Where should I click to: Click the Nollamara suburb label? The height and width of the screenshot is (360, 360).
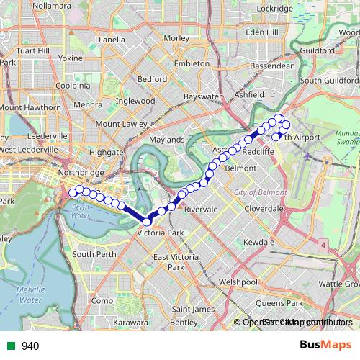click(x=52, y=6)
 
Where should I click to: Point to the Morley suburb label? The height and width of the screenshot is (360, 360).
click(x=176, y=38)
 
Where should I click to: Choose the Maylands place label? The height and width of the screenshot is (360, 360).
click(x=166, y=139)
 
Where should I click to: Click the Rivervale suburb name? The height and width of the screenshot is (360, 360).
click(x=201, y=209)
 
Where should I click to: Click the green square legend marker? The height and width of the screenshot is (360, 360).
click(x=9, y=346)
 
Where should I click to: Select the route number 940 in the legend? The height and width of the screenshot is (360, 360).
click(x=30, y=346)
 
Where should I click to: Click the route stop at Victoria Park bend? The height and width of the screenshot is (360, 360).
click(x=147, y=222)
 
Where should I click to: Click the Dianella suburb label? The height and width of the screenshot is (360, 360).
click(x=111, y=40)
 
